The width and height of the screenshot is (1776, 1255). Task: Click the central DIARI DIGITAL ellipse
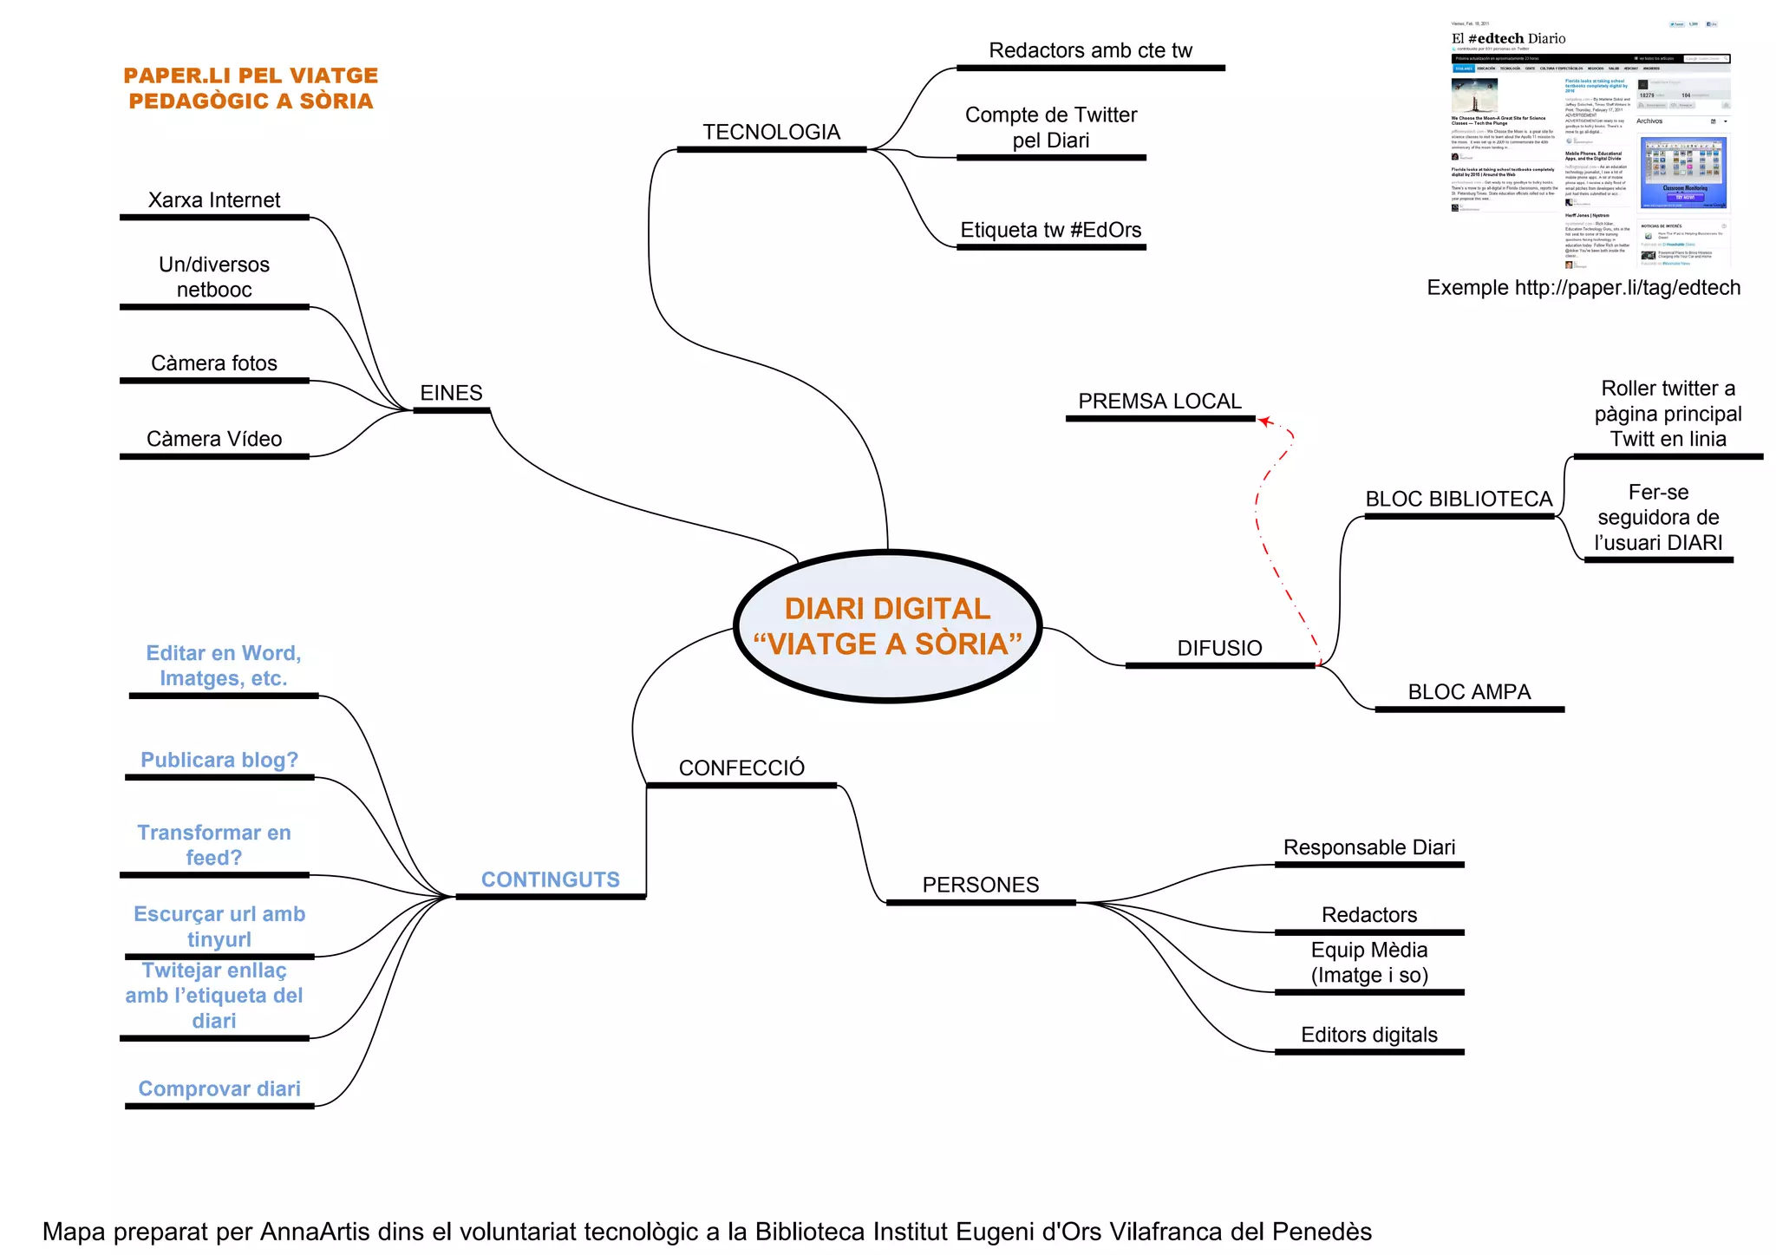coord(887,625)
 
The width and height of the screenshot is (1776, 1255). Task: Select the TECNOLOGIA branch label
coord(771,133)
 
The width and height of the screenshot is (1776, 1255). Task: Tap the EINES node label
coord(451,393)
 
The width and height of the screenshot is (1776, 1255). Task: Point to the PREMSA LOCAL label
coord(1159,402)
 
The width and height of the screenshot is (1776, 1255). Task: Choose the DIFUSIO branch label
coord(1219,648)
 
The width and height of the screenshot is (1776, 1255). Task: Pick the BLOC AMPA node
coord(1469,692)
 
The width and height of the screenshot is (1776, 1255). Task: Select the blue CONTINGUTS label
coord(550,879)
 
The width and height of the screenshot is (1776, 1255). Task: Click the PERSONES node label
coord(980,885)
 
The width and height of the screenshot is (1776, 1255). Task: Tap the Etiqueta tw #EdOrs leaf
coord(1050,230)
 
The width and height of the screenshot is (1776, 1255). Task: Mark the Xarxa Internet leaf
coord(214,200)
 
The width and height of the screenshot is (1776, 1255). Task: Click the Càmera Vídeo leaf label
coord(214,439)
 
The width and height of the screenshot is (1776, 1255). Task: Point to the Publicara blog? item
coord(219,760)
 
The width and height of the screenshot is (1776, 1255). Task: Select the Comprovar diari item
coord(219,1088)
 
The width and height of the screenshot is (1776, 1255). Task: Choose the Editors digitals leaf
coord(1368,1035)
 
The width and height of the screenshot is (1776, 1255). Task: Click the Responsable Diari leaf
coord(1369,847)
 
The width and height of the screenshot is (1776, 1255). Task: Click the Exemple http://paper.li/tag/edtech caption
coord(1583,288)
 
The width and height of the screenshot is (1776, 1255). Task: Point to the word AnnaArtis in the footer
coord(316,1232)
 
